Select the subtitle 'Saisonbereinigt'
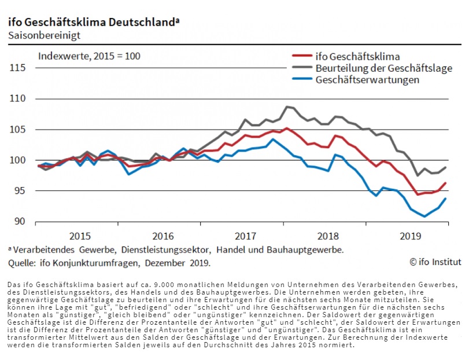(x=44, y=35)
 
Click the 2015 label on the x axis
(x=80, y=236)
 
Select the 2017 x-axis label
(x=245, y=236)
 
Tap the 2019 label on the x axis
(x=411, y=236)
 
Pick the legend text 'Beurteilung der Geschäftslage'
(x=383, y=68)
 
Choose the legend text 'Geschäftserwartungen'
(x=367, y=80)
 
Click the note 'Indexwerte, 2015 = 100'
(x=89, y=56)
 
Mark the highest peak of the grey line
(x=287, y=107)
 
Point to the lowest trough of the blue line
(x=424, y=216)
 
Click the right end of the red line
(x=445, y=183)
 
